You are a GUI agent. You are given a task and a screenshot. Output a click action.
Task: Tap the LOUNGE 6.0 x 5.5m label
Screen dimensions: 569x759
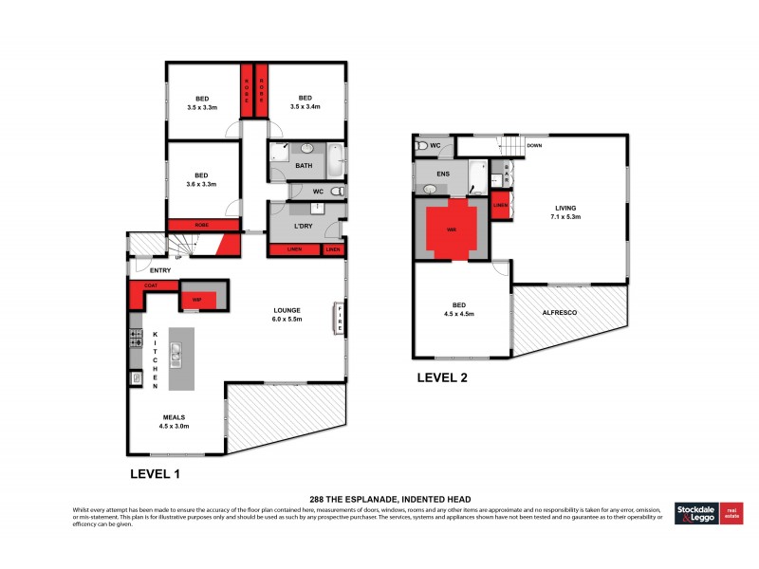(x=287, y=314)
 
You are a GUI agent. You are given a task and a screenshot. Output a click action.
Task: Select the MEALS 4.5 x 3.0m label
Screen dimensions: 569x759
(x=174, y=421)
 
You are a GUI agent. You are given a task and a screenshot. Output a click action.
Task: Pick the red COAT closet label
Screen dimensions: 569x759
(x=150, y=284)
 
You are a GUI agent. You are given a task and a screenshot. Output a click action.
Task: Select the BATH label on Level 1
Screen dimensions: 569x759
(x=304, y=166)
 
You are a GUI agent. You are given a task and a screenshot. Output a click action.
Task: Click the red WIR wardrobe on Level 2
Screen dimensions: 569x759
(x=454, y=229)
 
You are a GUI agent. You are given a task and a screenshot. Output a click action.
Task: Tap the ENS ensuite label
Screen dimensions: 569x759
(x=441, y=174)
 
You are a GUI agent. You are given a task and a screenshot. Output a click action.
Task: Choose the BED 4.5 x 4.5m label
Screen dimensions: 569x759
(x=459, y=309)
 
